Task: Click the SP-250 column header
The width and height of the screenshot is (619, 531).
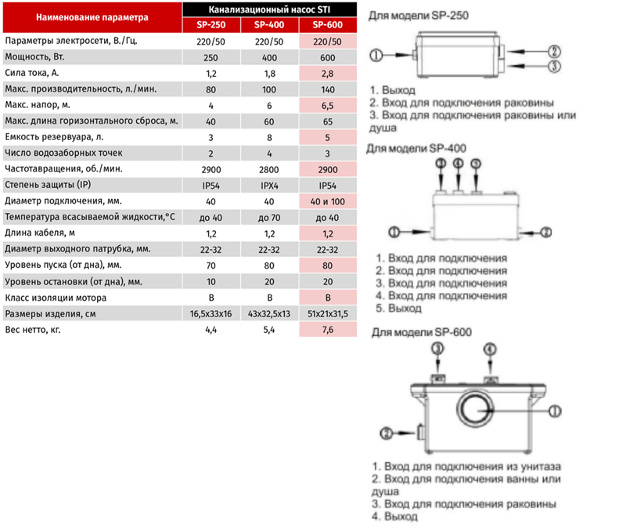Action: (211, 25)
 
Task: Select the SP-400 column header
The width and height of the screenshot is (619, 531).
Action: (269, 25)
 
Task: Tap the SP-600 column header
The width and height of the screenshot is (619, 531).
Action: (328, 25)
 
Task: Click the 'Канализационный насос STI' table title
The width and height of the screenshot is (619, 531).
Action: (269, 9)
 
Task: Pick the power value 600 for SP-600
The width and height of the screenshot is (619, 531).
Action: (328, 58)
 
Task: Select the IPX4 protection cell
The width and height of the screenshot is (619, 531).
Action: (269, 186)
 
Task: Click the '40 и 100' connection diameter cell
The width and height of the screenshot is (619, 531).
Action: (328, 202)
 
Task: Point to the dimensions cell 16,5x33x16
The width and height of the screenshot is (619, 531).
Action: (211, 314)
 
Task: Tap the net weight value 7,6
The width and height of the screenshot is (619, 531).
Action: (328, 330)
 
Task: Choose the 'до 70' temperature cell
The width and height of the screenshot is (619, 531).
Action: (269, 218)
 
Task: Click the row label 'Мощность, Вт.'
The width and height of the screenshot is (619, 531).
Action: (34, 57)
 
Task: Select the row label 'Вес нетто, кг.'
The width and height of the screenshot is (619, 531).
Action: (33, 330)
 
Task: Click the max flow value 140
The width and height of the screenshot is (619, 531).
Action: (328, 90)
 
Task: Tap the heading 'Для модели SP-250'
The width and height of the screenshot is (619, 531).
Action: (419, 16)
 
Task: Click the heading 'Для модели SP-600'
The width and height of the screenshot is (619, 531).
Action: (422, 332)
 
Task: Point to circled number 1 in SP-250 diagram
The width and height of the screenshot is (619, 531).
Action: (376, 55)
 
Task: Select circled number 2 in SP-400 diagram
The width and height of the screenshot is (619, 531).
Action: (546, 232)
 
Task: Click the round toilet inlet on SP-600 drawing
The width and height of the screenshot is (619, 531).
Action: (476, 409)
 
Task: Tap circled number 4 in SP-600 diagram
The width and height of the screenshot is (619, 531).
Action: (490, 349)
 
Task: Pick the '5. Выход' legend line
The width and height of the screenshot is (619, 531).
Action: (399, 308)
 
